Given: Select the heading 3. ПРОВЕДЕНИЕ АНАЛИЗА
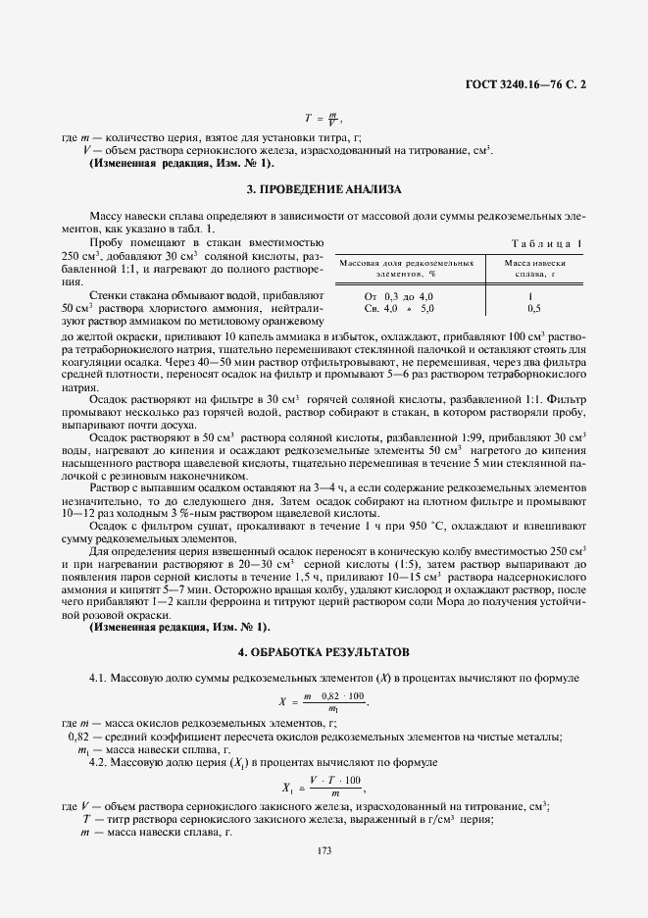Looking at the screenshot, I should pyautogui.click(x=324, y=188).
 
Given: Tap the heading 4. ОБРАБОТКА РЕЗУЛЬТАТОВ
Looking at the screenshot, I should pyautogui.click(x=324, y=651).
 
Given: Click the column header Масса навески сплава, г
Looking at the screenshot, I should pyautogui.click(x=534, y=269).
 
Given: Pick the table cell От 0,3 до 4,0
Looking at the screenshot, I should pyautogui.click(x=398, y=295).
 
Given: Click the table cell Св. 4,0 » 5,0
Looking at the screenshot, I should pyautogui.click(x=398, y=308).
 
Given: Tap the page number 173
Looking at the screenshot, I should pyautogui.click(x=324, y=849).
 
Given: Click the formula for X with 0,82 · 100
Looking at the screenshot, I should pyautogui.click(x=324, y=699).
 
